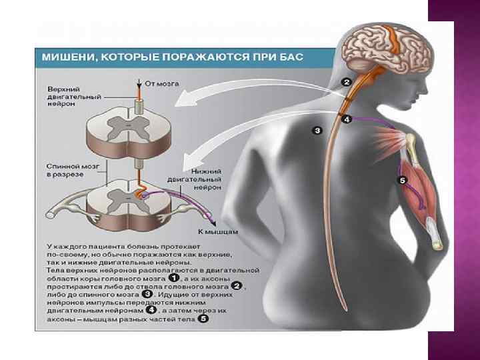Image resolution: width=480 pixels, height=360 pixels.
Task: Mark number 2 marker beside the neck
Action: point(347,82)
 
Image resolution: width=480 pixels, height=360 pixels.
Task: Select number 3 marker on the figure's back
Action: point(317,130)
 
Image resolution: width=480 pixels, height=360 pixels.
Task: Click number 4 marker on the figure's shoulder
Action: point(347,120)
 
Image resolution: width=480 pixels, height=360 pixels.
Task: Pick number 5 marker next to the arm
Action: point(402,180)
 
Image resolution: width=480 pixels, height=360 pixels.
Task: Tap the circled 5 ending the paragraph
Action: point(203,319)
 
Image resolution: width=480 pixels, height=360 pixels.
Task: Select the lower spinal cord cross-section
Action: point(136,200)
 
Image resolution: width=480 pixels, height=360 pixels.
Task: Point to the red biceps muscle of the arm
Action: point(416,187)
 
